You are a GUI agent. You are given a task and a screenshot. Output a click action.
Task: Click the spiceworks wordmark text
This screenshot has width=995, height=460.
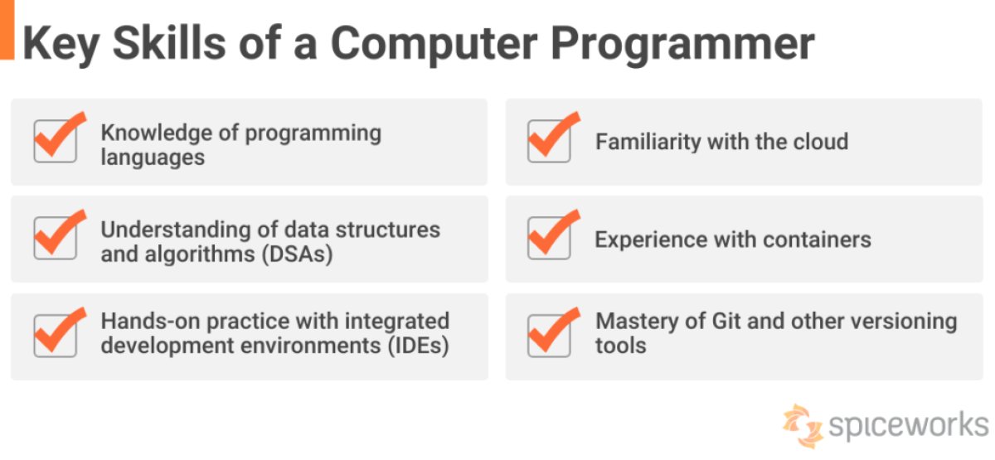click(907, 425)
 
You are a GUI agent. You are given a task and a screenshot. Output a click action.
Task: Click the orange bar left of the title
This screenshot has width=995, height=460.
click(7, 30)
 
